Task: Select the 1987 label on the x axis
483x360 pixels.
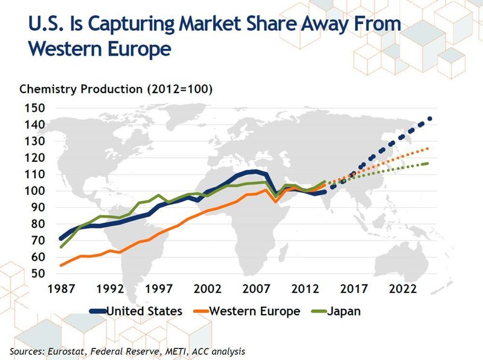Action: click(x=60, y=289)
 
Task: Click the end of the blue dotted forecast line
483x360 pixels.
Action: click(x=430, y=118)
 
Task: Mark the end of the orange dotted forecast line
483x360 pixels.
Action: click(x=428, y=148)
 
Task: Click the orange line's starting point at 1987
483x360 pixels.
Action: click(x=60, y=265)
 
